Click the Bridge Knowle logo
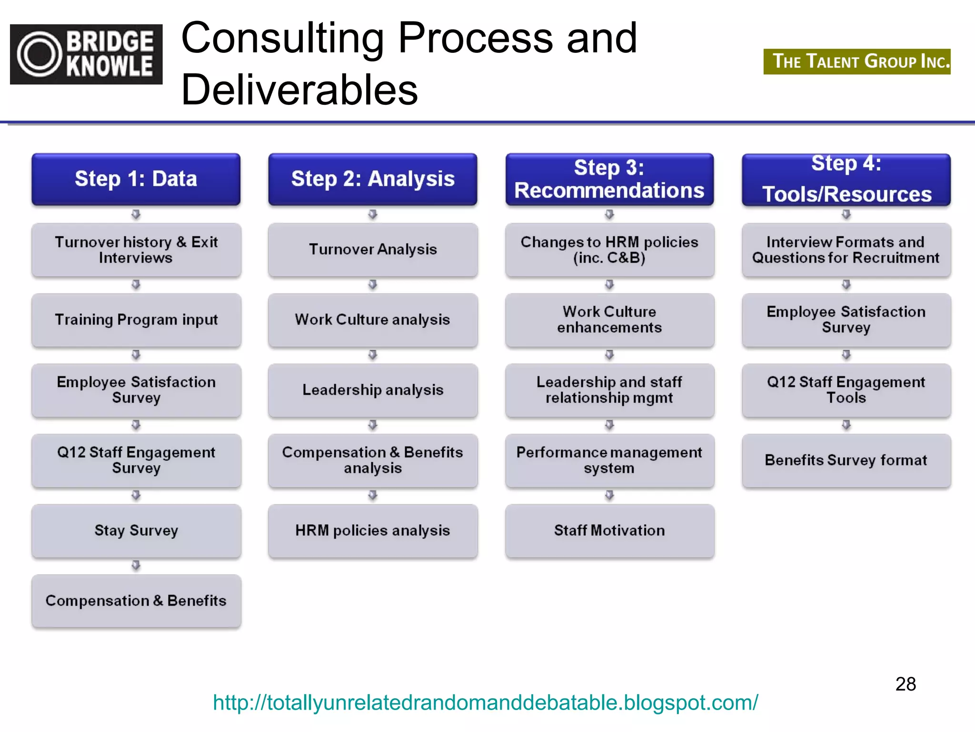click(86, 54)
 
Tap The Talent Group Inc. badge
click(856, 61)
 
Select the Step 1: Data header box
click(136, 179)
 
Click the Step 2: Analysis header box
click(372, 179)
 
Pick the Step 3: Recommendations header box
click(609, 179)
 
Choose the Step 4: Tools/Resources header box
click(846, 179)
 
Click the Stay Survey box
click(136, 530)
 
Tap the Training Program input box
click(136, 320)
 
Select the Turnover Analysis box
click(373, 249)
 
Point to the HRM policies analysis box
click(373, 530)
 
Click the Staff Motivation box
click(609, 530)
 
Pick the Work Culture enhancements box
click(609, 320)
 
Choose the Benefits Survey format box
click(846, 460)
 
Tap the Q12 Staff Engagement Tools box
click(846, 390)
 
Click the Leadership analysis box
click(373, 390)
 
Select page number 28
click(905, 684)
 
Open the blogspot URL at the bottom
click(485, 702)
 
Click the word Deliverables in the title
click(299, 90)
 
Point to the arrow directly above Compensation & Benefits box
click(136, 566)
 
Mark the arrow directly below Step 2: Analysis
click(373, 214)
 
